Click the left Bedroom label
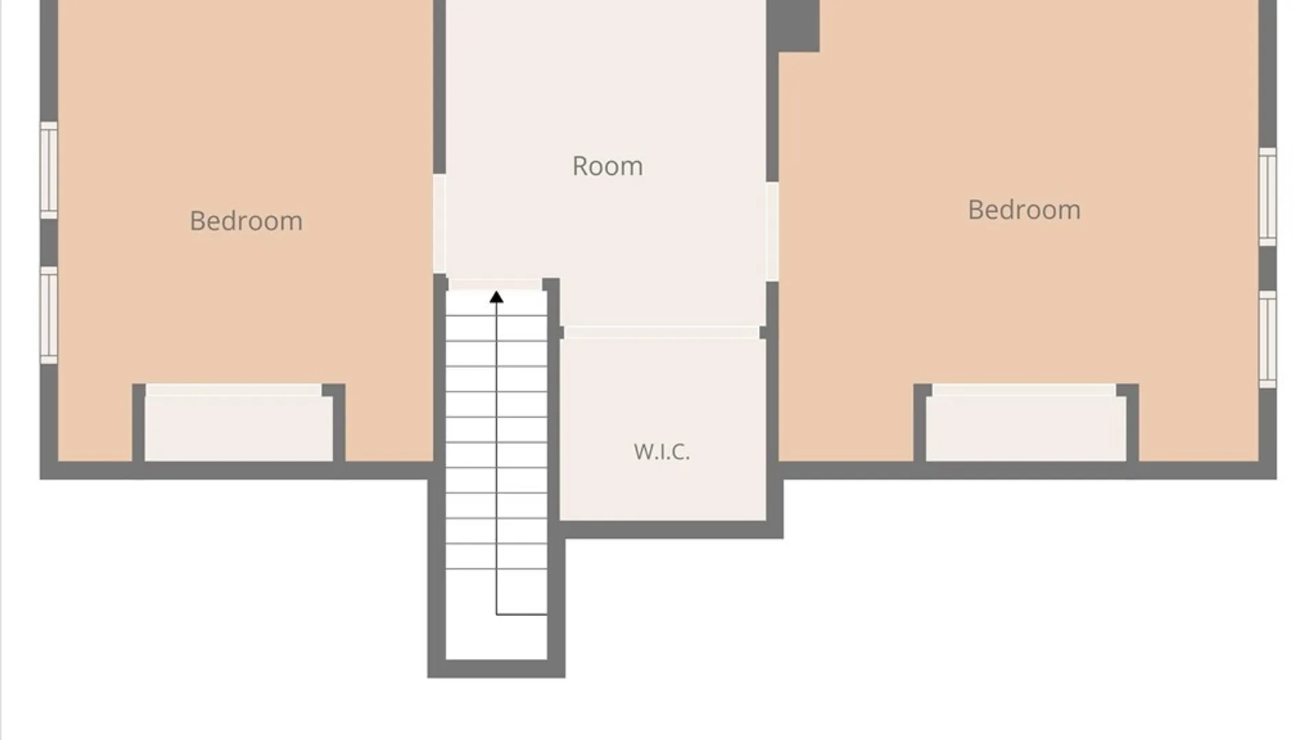246,221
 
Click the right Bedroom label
1024,210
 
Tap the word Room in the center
608,166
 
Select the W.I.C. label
662,452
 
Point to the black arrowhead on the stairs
497,297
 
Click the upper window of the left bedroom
49,170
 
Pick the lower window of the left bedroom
49,315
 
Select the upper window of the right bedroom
1268,196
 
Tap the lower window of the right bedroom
1268,339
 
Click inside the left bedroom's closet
238,429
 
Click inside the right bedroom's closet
1026,429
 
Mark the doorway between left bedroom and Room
440,224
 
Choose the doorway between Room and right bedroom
772,232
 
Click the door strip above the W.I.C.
662,332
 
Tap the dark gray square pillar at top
792,25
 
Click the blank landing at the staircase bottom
497,637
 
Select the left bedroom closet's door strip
234,390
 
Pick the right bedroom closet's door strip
1024,390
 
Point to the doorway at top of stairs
496,284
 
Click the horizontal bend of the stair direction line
522,615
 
